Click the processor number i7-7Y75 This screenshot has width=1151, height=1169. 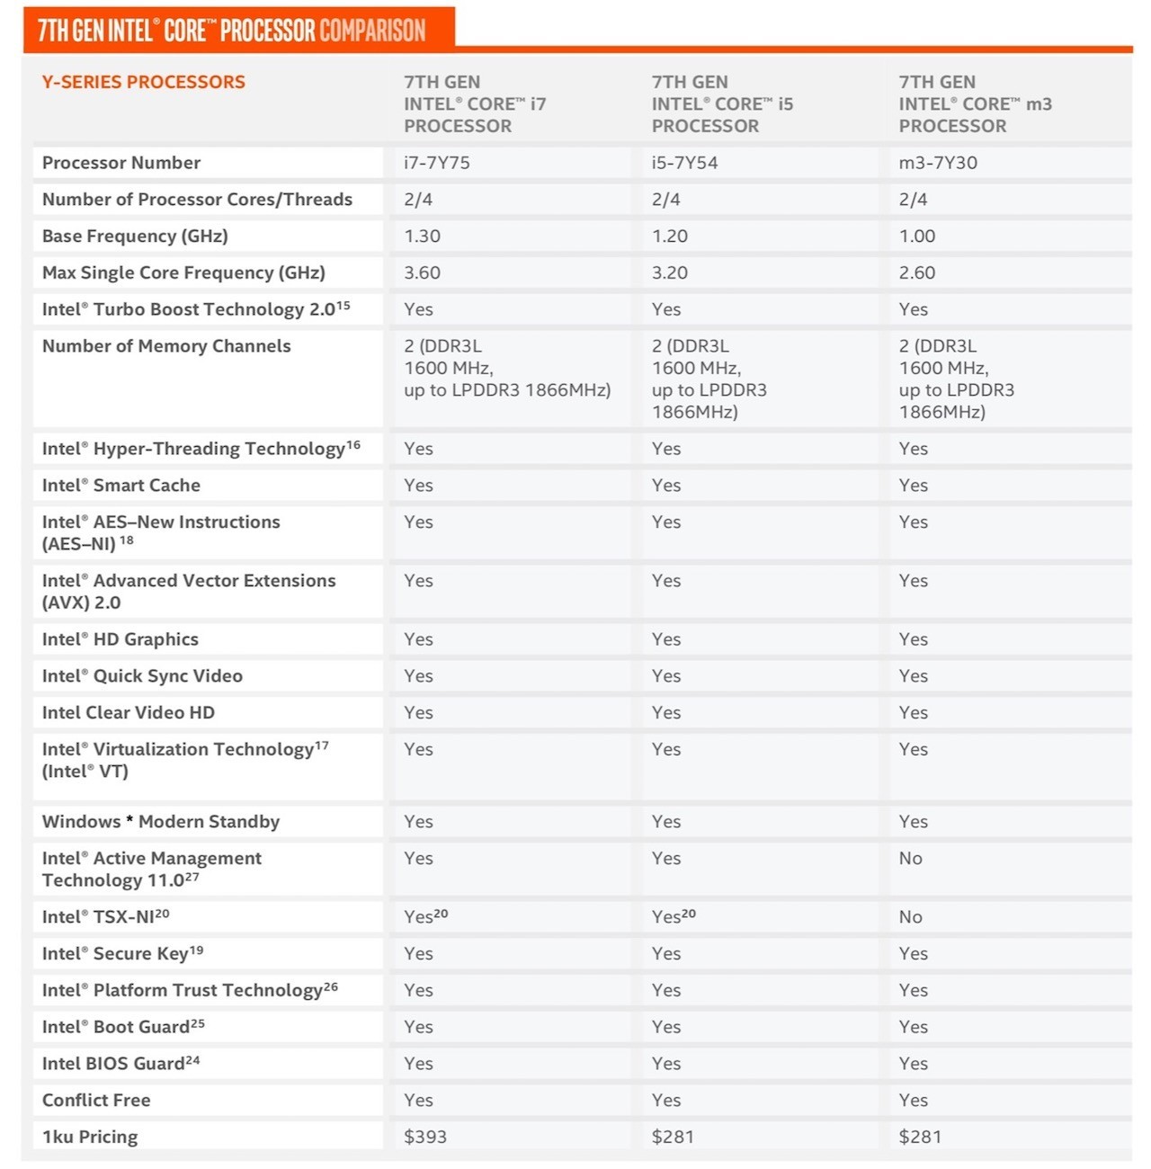(437, 163)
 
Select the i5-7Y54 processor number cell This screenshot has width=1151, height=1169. (684, 163)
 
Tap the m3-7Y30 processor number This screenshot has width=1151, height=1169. (938, 163)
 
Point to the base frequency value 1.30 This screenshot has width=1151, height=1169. (422, 236)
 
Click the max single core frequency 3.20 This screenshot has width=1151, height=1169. (669, 272)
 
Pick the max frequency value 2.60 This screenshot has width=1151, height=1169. (917, 272)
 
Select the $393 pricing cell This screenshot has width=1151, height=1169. (425, 1137)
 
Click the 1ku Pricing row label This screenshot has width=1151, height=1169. (90, 1137)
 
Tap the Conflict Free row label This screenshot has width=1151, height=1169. (96, 1100)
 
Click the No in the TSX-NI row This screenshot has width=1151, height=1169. (910, 917)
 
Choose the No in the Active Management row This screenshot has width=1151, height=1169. (910, 858)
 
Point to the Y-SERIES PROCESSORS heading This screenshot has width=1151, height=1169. (143, 82)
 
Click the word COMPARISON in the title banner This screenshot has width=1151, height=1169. (372, 31)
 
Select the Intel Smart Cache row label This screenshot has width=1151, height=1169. (121, 486)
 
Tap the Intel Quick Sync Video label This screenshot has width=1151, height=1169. (142, 676)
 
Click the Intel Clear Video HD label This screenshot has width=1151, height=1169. (129, 713)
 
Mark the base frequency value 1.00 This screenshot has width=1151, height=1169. (917, 236)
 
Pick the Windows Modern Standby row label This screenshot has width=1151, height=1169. (161, 822)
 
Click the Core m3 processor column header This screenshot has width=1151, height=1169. (975, 103)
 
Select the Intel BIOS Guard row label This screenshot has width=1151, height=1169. (120, 1064)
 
